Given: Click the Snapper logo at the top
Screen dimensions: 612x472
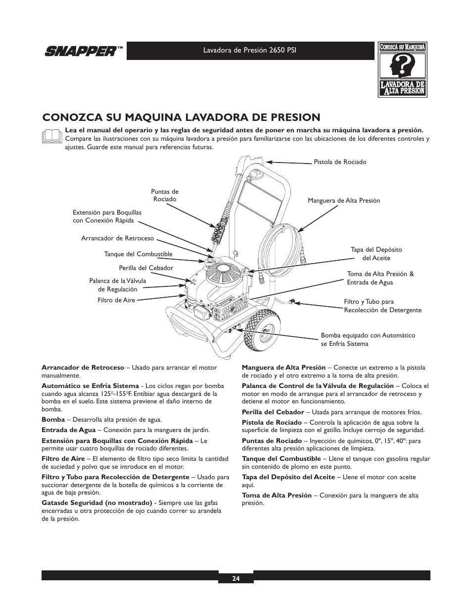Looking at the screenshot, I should [83, 51].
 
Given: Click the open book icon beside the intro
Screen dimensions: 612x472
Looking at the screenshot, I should [52, 136].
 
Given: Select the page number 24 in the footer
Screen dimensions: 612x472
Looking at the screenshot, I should [236, 578].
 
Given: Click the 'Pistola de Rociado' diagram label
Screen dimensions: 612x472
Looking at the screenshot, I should [340, 162].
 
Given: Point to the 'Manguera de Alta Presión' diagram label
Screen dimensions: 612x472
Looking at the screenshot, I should [344, 201].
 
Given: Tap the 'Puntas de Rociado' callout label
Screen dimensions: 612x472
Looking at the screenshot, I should [165, 195].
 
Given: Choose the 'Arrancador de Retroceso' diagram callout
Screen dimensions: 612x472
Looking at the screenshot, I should [118, 238].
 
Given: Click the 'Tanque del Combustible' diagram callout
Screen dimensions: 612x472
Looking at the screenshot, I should [138, 254].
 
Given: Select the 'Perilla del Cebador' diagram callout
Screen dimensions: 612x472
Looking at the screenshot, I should [146, 268].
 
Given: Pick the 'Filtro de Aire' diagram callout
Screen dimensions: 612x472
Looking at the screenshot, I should [116, 300].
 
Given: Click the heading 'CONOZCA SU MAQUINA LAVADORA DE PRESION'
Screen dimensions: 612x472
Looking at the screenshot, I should [181, 117].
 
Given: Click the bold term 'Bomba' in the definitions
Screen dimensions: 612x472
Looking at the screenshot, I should [53, 420].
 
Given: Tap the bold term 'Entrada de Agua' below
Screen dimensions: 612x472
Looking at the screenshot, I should [68, 430].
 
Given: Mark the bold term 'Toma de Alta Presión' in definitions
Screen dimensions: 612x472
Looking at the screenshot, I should [277, 495].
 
